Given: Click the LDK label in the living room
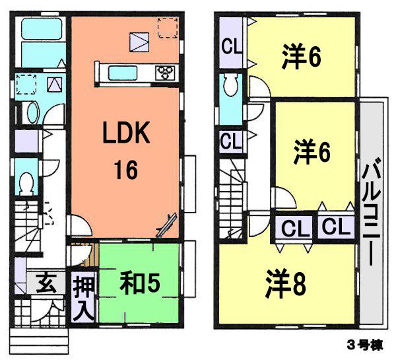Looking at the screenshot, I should point(126,136).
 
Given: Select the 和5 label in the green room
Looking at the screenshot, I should point(140,283).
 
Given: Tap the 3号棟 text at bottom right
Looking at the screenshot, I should point(364,346).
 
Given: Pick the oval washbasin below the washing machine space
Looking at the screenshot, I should point(31,112).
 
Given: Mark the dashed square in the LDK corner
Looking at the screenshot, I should point(167,28).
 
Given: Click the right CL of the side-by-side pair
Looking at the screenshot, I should point(335,229).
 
